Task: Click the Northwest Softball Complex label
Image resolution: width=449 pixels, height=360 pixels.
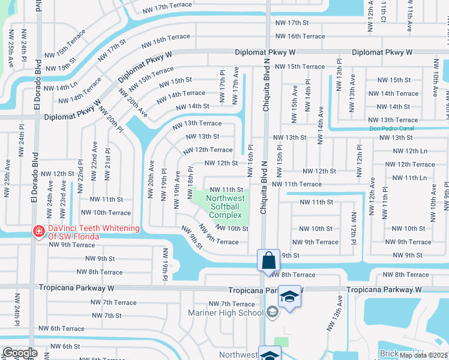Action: (x=225, y=206)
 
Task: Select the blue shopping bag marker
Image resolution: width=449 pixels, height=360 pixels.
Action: (x=269, y=260)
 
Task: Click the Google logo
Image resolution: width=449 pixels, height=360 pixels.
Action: (x=20, y=353)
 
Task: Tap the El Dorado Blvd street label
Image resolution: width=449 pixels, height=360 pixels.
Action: (x=37, y=84)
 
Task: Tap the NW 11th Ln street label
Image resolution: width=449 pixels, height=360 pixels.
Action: (x=407, y=178)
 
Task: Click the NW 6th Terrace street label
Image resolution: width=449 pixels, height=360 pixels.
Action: (x=61, y=328)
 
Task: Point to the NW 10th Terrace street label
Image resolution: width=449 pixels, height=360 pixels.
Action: (x=103, y=213)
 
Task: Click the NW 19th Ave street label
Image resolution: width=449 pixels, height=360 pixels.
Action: (x=177, y=189)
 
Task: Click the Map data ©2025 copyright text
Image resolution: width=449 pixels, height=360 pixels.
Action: (x=424, y=355)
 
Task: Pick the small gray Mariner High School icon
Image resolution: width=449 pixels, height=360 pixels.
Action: (x=273, y=311)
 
